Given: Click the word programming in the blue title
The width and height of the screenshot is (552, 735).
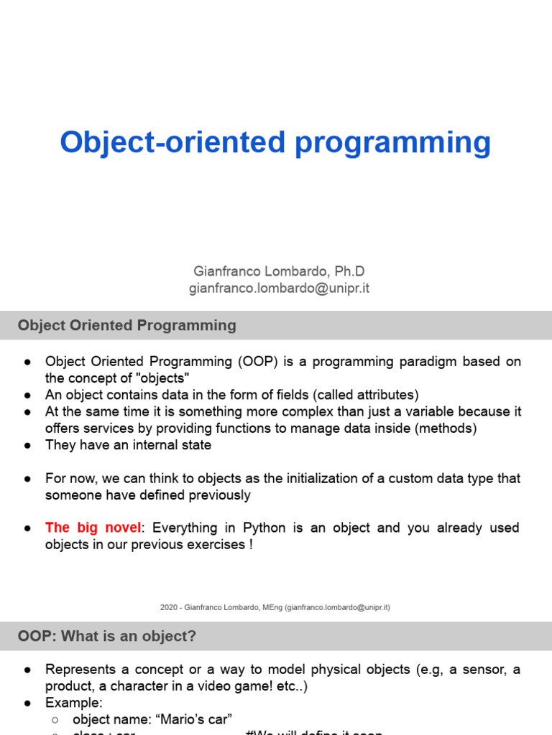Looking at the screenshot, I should (x=393, y=143).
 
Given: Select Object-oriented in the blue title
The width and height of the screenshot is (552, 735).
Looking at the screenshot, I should (x=173, y=143).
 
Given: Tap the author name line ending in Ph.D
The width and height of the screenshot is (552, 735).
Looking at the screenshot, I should (x=279, y=271).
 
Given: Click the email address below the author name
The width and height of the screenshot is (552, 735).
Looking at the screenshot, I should (x=279, y=289).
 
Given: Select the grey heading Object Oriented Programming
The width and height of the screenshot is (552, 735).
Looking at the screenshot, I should (x=127, y=325).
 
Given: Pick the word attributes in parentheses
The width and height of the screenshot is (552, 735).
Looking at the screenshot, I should (x=385, y=395).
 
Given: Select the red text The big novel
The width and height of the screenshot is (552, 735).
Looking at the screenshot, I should (x=93, y=528).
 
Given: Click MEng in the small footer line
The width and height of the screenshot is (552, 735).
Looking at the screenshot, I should (x=272, y=607).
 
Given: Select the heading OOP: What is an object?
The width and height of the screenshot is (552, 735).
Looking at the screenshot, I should (x=107, y=636).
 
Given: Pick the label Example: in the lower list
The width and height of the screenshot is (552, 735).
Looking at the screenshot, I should (x=74, y=702).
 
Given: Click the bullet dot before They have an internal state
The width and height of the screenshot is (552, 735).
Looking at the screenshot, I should (x=27, y=445).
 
